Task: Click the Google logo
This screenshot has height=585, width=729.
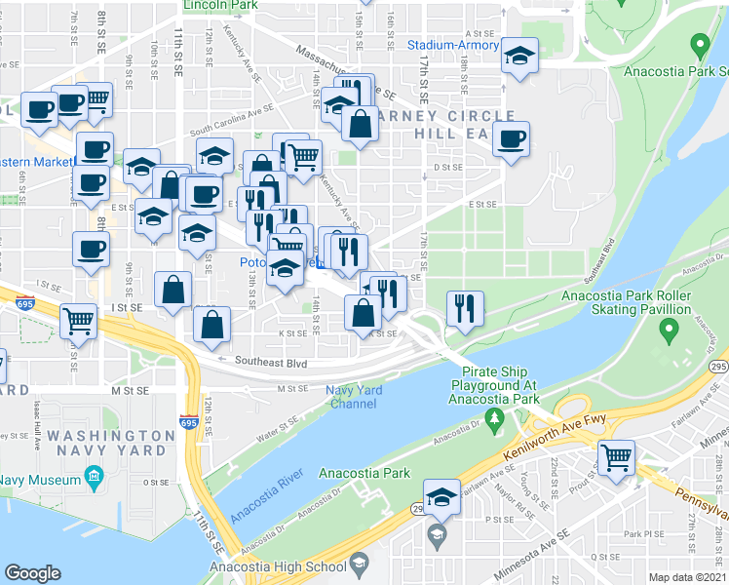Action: (33, 573)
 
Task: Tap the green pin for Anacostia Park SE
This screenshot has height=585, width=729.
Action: (699, 45)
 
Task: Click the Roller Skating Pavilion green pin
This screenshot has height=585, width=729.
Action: (668, 332)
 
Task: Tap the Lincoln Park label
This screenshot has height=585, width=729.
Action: (220, 6)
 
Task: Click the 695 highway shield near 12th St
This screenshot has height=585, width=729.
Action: (189, 422)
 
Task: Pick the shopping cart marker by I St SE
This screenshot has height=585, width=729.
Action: (78, 319)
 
